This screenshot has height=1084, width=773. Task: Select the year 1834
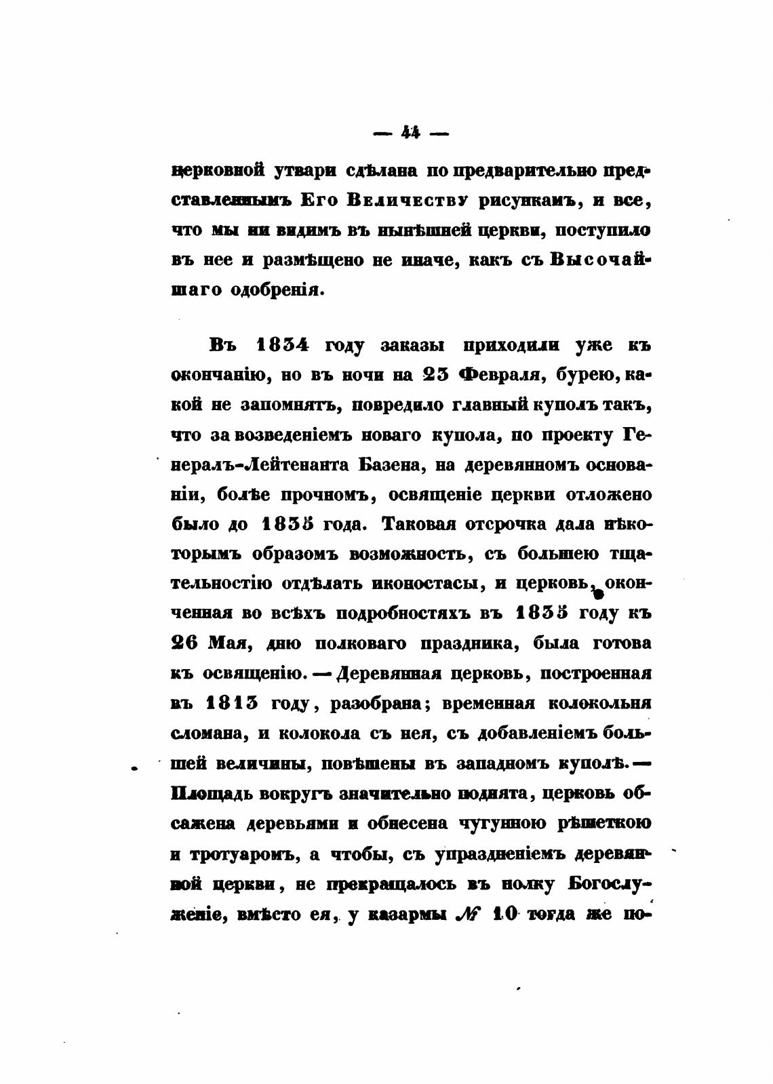pyautogui.click(x=283, y=345)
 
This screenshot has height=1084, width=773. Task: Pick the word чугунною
pyautogui.click(x=501, y=823)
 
